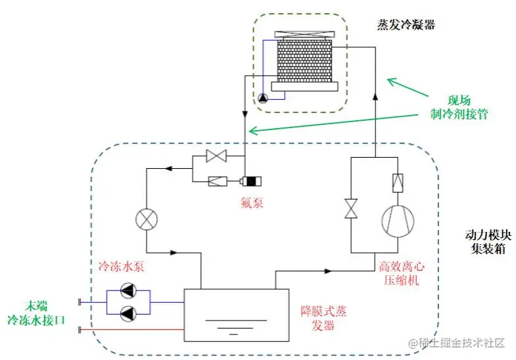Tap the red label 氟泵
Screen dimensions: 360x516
pyautogui.click(x=251, y=203)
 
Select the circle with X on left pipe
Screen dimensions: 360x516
pyautogui.click(x=145, y=218)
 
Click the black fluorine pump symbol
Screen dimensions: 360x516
pyautogui.click(x=250, y=181)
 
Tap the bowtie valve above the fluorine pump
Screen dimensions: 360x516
pyautogui.click(x=215, y=156)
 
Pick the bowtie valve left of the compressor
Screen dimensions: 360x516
pyautogui.click(x=351, y=209)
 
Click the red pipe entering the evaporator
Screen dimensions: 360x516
pyautogui.click(x=131, y=328)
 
